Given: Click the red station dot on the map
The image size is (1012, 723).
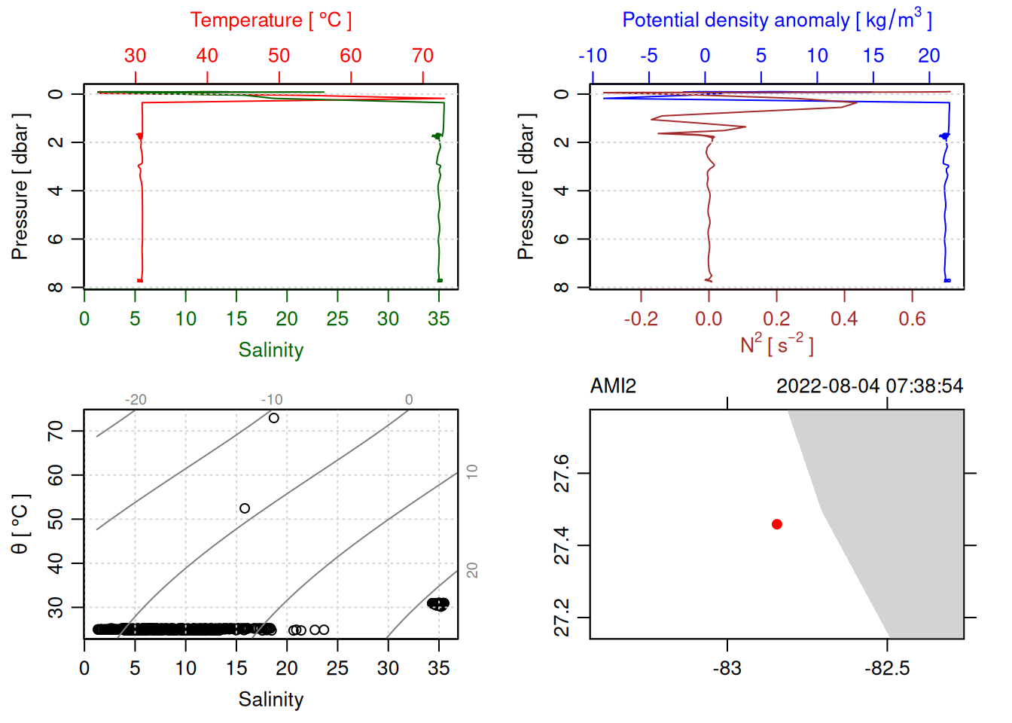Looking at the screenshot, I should (777, 524).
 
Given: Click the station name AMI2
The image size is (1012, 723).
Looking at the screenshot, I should (613, 386).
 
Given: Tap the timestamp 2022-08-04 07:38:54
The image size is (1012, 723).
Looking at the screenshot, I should (870, 386).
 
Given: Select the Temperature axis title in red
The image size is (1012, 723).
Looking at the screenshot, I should (271, 20).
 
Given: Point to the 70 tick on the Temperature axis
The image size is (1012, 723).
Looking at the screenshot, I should (423, 56).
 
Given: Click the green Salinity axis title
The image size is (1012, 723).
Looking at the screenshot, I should (271, 350).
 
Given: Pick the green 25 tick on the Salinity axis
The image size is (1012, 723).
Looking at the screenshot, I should (337, 319).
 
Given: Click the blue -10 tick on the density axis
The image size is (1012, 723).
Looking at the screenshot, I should (593, 56).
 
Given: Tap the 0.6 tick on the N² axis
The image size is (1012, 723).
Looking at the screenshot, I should (912, 319).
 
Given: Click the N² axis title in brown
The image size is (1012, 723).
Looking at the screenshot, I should (777, 345).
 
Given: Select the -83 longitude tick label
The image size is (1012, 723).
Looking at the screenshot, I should (727, 669).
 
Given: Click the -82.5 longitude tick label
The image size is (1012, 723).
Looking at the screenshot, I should (887, 669).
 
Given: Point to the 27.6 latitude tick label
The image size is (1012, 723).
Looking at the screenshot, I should (562, 473).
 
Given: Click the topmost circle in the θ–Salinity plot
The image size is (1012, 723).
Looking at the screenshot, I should (274, 418).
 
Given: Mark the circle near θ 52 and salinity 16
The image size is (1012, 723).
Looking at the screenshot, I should (245, 508).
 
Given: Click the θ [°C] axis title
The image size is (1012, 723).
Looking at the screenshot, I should (20, 524).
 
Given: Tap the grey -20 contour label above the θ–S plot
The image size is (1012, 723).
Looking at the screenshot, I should (136, 400).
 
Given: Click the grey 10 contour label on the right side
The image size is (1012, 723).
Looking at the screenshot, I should (472, 471).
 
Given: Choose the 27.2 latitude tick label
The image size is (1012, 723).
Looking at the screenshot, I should (562, 618).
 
